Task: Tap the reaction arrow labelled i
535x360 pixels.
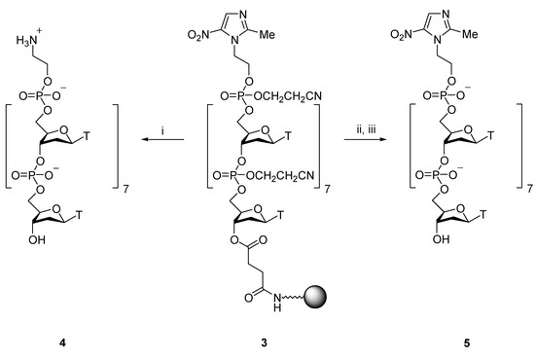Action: pos(160,140)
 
